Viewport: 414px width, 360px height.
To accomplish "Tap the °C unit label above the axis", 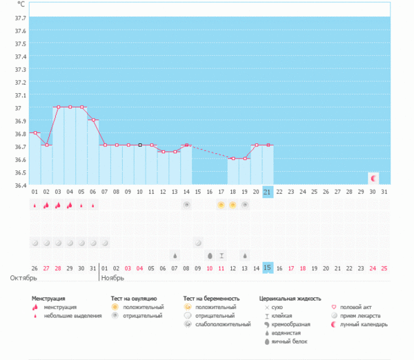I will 20,4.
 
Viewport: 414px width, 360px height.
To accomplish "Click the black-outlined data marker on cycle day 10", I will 139,145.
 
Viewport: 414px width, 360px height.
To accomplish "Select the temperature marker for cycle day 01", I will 34,132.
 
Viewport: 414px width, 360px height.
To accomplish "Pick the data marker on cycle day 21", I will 268,145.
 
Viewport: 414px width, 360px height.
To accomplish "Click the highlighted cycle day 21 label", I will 268,192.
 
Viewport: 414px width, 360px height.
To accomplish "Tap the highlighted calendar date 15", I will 268,268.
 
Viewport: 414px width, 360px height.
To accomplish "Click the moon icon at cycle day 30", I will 373,178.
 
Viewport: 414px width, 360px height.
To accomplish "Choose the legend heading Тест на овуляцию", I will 139,299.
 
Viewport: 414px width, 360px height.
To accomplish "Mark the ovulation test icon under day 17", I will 221,205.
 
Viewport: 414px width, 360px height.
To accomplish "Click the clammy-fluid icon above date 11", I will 221,255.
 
